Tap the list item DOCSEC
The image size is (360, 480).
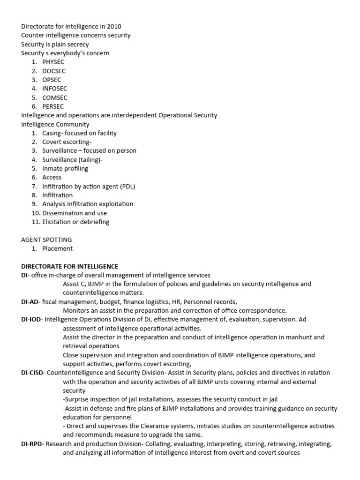pos(54,71)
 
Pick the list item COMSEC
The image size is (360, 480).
pos(54,98)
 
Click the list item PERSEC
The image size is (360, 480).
pos(53,107)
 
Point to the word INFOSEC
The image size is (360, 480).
pos(54,89)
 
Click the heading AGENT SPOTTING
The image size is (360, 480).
pos(46,240)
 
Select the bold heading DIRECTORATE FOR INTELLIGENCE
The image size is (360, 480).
pos(69,266)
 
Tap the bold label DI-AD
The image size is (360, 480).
pos(30,302)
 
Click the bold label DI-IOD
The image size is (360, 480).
pos(31,320)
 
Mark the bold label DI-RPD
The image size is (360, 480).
pos(32,444)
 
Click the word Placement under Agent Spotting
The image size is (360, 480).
pos(57,248)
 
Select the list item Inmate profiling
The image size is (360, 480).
pos(65,169)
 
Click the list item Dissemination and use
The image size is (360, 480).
pos(74,213)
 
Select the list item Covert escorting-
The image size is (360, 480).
pos(67,142)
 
